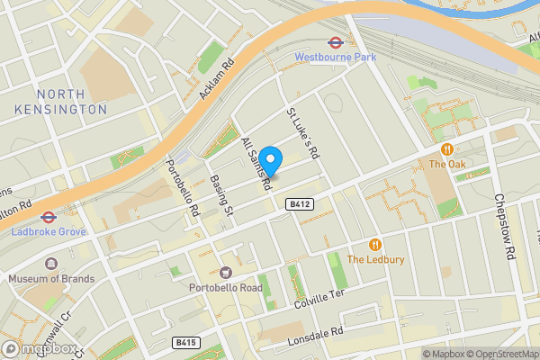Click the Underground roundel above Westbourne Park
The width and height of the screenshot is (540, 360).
tap(333, 41)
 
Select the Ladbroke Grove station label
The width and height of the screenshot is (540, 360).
tap(48, 232)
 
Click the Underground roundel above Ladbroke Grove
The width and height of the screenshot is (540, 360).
tap(48, 216)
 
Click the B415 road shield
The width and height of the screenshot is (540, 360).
tap(186, 343)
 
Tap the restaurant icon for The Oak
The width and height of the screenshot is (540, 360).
tap(446, 148)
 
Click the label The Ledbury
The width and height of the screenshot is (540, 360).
tap(375, 260)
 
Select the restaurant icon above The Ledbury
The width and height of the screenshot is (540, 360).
tap(375, 244)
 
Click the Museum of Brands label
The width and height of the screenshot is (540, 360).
tap(51, 279)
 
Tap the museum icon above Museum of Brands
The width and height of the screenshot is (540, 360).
tap(51, 264)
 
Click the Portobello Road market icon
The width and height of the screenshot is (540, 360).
tap(225, 272)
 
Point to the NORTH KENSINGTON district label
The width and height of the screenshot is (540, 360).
tap(59, 102)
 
